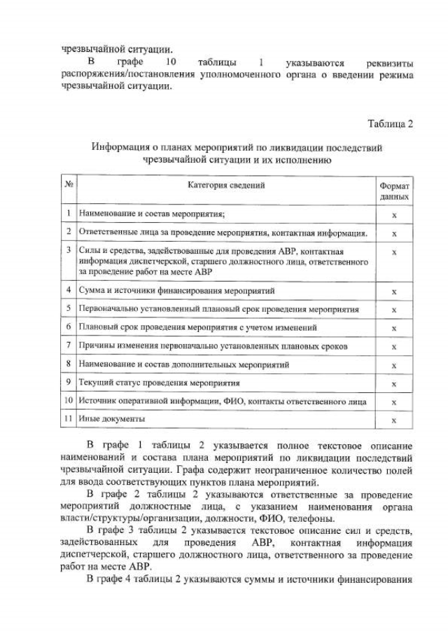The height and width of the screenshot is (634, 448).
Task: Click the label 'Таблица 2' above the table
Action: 390,124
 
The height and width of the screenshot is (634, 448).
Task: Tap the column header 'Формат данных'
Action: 394,192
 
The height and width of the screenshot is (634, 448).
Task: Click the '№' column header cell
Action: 69,186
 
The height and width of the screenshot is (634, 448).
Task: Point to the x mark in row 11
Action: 394,420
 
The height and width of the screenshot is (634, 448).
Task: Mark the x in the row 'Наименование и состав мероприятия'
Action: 394,213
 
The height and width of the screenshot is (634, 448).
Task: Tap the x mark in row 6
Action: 394,328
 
